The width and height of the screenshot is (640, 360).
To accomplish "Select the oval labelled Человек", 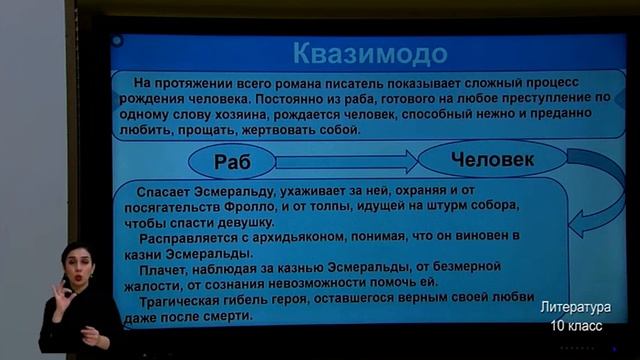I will [x=491, y=158].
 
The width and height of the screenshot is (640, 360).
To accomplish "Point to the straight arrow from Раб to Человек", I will [x=346, y=160].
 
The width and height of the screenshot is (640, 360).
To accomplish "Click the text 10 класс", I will [x=575, y=326].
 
